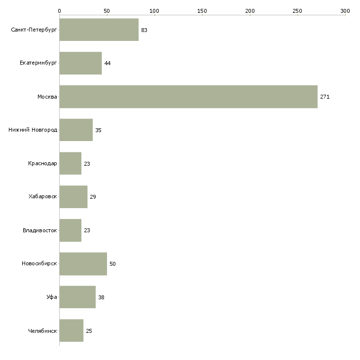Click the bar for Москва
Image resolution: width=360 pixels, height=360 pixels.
(x=188, y=97)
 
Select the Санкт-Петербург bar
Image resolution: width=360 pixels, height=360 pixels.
(x=99, y=30)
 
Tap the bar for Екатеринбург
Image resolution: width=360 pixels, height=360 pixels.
(x=80, y=63)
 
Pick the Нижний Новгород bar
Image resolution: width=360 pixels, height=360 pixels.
(x=76, y=130)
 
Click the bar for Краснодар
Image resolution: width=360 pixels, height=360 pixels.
(x=71, y=163)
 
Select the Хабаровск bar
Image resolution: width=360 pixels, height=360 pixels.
(x=73, y=197)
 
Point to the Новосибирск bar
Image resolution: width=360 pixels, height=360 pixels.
(x=83, y=264)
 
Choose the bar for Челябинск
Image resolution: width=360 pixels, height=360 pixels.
(x=72, y=330)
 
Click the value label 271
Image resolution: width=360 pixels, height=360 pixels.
(x=325, y=97)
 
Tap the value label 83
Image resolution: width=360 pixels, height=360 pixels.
(x=144, y=30)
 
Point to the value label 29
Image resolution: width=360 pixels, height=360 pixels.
(x=93, y=197)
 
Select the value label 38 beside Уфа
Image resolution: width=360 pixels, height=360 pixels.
(x=101, y=297)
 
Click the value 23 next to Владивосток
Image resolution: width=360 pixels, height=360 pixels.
(x=87, y=230)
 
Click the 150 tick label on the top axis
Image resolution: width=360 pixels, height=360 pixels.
(x=202, y=11)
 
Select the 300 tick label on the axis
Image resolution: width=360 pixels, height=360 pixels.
(x=345, y=11)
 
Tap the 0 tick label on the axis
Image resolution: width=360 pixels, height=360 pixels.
(x=60, y=11)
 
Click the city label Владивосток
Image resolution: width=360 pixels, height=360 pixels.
(x=40, y=230)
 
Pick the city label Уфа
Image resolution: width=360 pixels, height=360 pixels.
(x=52, y=297)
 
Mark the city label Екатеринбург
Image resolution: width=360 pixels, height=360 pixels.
(x=38, y=63)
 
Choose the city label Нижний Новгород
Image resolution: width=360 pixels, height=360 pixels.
(x=33, y=130)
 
